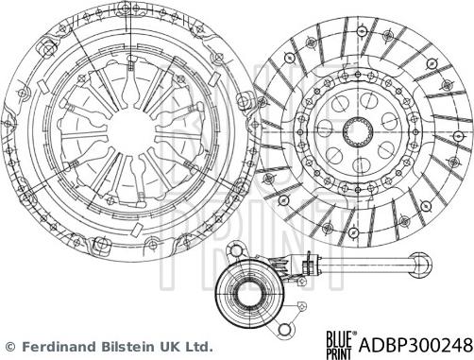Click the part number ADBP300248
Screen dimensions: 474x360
(x=415, y=345)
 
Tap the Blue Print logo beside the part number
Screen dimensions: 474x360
(x=341, y=345)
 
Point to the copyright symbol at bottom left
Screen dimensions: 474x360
(x=10, y=347)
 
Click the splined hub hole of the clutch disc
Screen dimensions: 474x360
(x=358, y=130)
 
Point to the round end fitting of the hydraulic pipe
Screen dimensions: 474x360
(x=422, y=265)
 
